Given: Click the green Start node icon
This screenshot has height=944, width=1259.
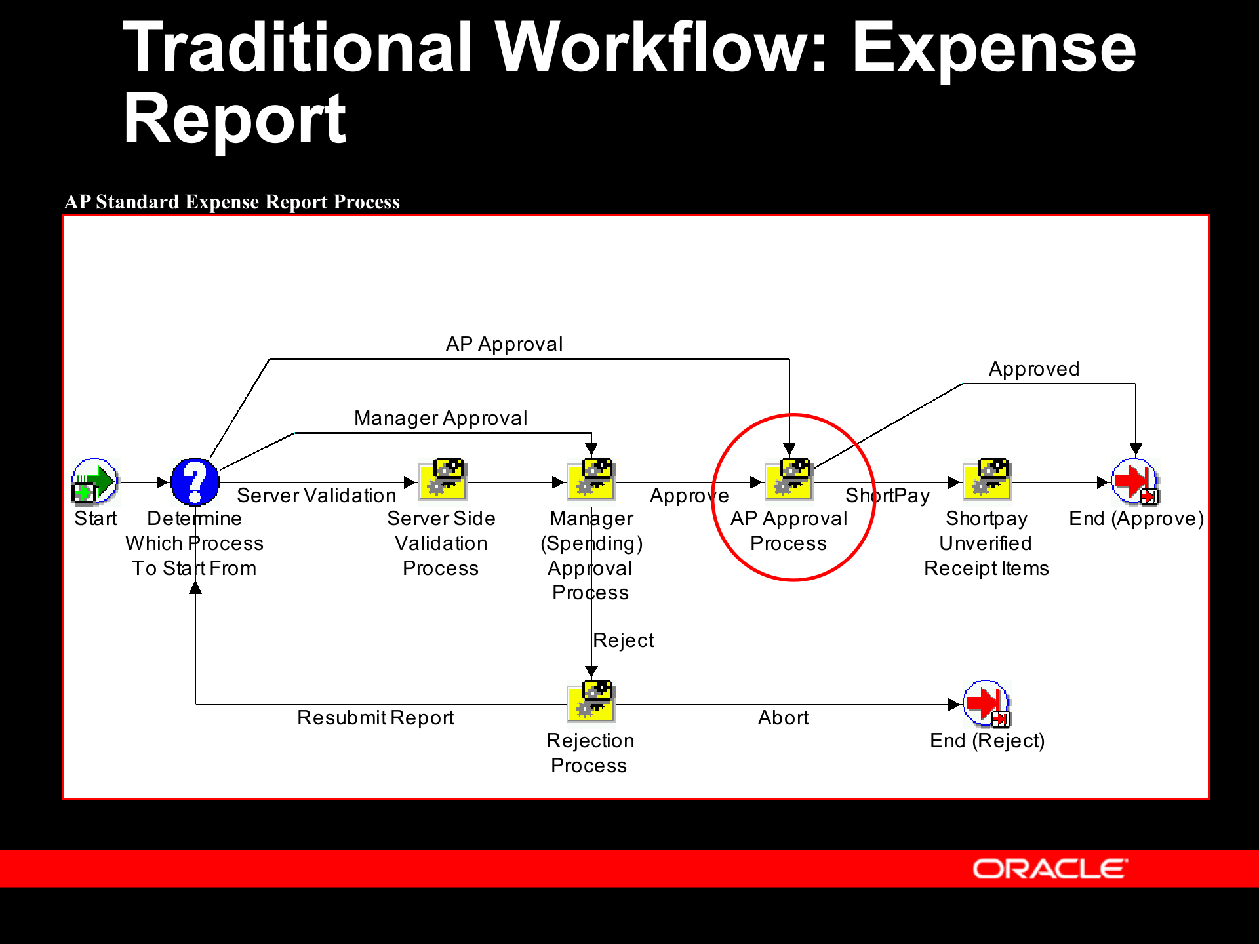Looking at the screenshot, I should click(x=95, y=482).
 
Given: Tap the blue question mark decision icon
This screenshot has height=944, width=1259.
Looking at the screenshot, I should click(x=195, y=482).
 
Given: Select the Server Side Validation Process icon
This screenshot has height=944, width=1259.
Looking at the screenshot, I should click(x=443, y=480).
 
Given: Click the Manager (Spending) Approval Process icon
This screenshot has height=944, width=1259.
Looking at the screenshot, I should click(x=591, y=480).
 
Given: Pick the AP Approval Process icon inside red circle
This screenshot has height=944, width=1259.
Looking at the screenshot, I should click(x=789, y=480).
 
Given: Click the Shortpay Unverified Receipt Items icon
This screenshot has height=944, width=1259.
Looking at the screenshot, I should click(x=987, y=480).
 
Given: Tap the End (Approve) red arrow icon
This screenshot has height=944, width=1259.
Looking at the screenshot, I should click(x=1135, y=481).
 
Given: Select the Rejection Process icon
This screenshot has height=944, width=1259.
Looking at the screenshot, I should click(x=591, y=701).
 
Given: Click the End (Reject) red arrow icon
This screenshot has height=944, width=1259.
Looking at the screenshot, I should click(x=987, y=703).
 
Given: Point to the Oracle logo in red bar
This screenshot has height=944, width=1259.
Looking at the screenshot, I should click(x=1050, y=869).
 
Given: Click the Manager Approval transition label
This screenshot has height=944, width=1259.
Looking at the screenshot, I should click(x=441, y=418).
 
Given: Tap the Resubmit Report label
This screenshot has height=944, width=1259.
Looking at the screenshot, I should click(x=375, y=718).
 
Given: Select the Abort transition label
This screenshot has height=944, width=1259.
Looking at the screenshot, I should click(x=783, y=718).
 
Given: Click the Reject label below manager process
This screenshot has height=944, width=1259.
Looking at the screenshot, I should click(x=623, y=640).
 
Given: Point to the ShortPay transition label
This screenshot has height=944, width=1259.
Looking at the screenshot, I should click(x=887, y=496).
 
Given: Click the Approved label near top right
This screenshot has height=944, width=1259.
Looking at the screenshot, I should click(x=1033, y=369).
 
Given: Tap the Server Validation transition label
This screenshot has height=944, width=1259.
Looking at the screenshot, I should click(x=316, y=496).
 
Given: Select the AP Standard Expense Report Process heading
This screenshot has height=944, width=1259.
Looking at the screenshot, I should click(x=231, y=202).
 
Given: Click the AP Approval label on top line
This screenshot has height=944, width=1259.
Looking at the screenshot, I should click(x=504, y=344).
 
